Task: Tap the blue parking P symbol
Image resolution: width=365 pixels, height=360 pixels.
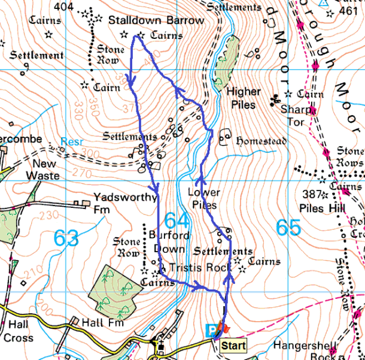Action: (210, 329)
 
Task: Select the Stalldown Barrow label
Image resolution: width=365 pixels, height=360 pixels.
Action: (156, 20)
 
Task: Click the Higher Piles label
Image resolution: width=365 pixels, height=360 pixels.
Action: (244, 98)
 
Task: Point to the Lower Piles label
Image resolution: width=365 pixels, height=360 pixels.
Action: (203, 199)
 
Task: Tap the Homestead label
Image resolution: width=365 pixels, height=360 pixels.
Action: (261, 141)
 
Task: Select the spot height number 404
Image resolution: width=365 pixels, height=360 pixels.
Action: (62, 7)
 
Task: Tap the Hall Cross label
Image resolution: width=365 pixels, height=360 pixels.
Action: (18, 331)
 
